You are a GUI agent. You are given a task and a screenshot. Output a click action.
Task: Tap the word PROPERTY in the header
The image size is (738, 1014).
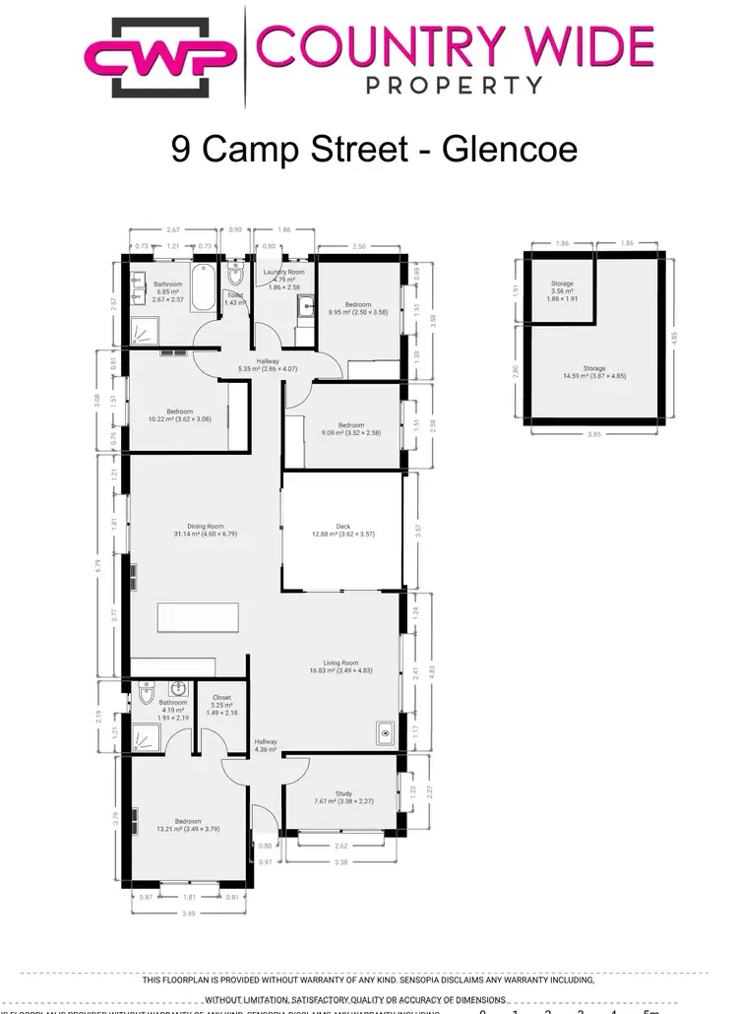click(455, 85)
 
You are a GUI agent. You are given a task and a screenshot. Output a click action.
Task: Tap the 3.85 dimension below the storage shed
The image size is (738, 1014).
click(592, 432)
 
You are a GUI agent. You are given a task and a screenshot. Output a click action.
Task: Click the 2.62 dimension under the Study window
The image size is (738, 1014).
click(340, 846)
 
